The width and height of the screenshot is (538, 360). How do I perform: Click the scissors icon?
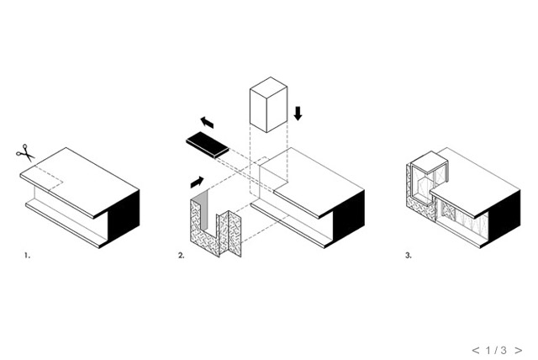25,153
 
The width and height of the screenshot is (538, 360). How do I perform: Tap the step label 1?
27,256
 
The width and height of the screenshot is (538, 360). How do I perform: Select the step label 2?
182,256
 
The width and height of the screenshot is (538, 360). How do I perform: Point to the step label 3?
409,256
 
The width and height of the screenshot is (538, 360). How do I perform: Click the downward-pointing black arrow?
298,114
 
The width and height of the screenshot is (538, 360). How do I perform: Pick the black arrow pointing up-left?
207,122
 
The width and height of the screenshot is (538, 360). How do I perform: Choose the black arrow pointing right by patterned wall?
197,183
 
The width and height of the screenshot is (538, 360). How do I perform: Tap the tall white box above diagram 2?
268,104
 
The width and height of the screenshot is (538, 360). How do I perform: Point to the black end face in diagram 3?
504,216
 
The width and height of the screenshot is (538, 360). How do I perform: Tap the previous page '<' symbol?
476,351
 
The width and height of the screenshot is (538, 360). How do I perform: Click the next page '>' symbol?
519,351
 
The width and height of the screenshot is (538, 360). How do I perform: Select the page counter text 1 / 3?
496,351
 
